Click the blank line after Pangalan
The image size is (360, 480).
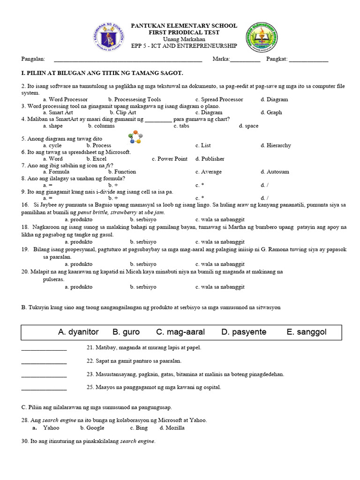tap(128, 60)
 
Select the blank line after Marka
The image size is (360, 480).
tap(245, 60)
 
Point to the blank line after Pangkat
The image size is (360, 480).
tap(308, 60)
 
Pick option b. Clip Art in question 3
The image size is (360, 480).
tap(123, 112)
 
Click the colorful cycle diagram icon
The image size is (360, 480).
tap(135, 137)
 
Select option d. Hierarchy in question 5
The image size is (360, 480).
tap(276, 145)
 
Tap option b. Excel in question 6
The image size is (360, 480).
tap(99, 159)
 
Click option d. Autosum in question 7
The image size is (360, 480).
tap(275, 172)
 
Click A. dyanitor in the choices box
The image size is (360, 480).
tap(78, 332)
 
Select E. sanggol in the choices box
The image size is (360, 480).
tap(307, 332)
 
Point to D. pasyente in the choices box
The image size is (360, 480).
tap(244, 332)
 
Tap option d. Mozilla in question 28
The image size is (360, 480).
tap(172, 428)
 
